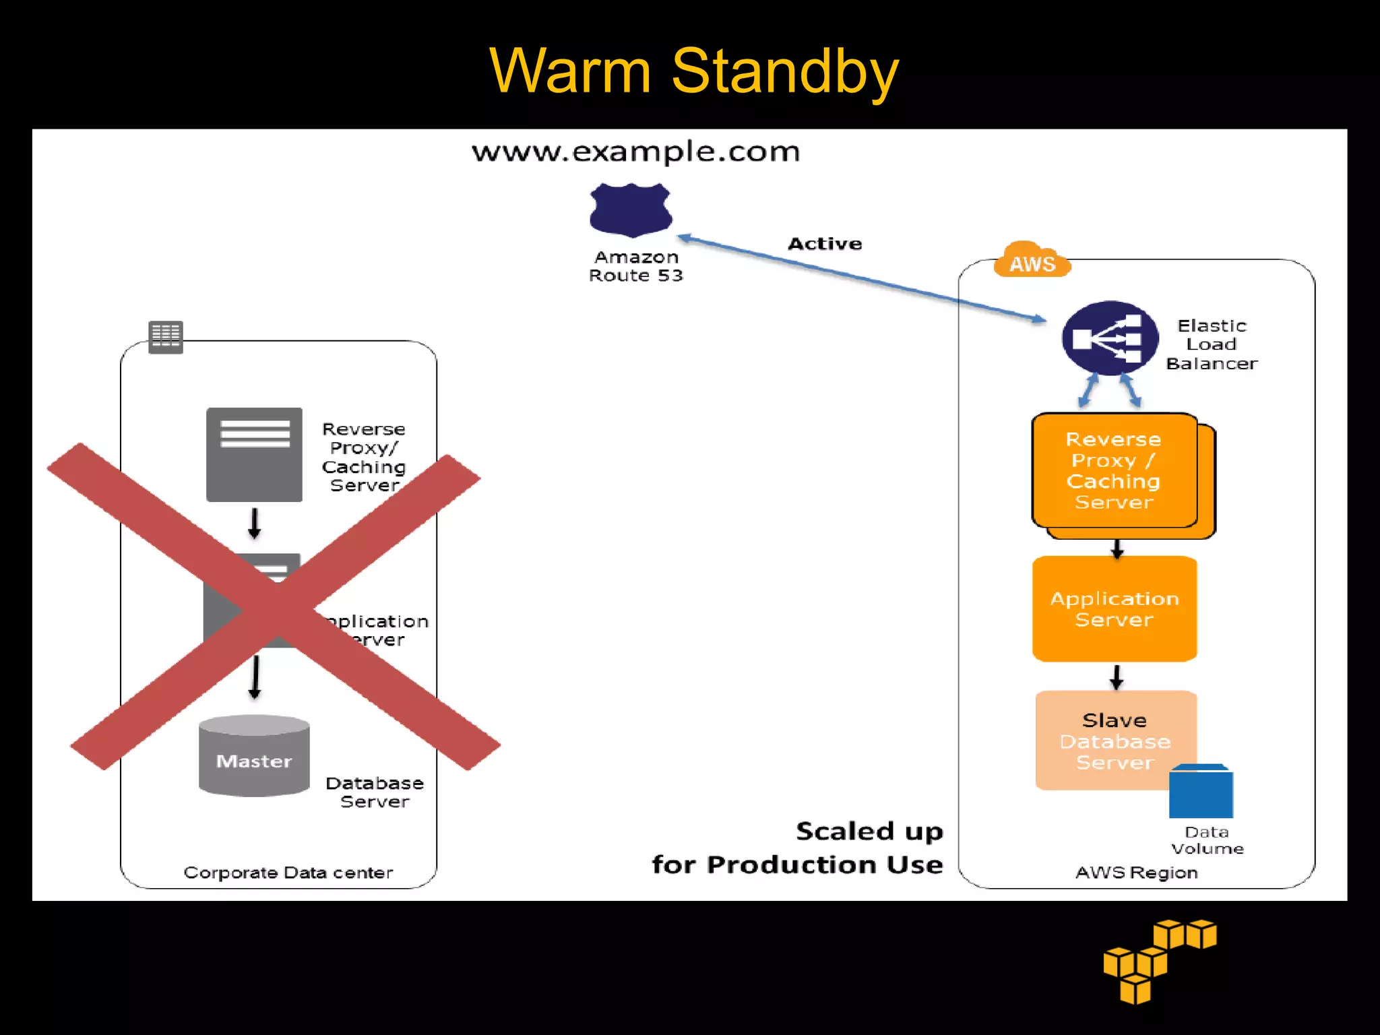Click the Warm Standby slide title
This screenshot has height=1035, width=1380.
[693, 71]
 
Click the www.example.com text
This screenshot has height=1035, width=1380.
[635, 152]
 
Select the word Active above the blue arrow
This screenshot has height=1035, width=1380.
[825, 244]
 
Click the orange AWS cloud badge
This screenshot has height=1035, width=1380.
[1032, 261]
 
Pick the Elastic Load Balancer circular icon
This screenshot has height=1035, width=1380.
[1110, 338]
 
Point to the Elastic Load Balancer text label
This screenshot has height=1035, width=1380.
[1212, 344]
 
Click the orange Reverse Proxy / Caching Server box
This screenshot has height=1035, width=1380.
[1114, 470]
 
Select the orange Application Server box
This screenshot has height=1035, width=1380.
[1115, 608]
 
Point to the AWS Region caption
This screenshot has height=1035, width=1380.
[1136, 873]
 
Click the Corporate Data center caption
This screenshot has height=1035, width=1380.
[288, 873]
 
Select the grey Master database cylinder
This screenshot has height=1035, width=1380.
[254, 756]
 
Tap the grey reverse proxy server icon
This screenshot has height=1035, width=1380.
[254, 454]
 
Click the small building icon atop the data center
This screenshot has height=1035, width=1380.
[166, 336]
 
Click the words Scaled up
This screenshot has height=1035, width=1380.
[869, 832]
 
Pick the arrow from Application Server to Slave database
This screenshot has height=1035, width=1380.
[1117, 677]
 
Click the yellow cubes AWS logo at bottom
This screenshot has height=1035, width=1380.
[1158, 961]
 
